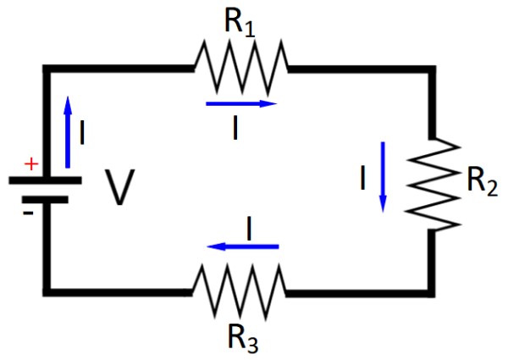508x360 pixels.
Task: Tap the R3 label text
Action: click(241, 338)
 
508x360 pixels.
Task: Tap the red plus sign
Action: click(32, 164)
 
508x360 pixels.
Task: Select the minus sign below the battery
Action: click(29, 213)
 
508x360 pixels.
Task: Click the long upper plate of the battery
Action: click(45, 180)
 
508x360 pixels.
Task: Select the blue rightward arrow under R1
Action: click(242, 104)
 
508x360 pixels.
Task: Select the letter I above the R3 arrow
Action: click(249, 226)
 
